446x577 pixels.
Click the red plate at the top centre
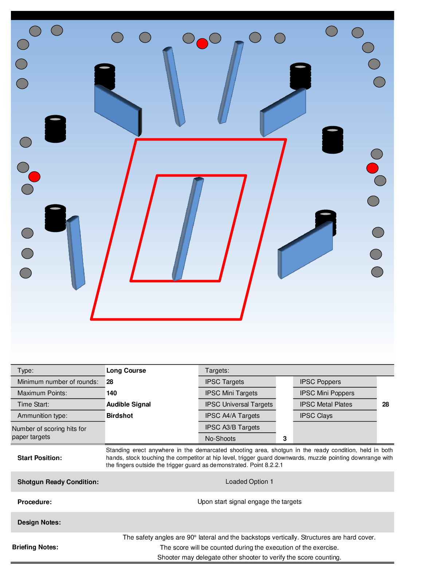tap(202, 44)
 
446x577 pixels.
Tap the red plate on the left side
tap(34, 177)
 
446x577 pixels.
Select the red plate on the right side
tap(372, 168)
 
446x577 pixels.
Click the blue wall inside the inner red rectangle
tap(188, 229)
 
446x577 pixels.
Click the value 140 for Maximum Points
tap(111, 393)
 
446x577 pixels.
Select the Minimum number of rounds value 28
tap(110, 382)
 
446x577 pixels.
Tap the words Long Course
tap(126, 370)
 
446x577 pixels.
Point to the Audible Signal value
tap(128, 404)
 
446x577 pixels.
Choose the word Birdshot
tap(120, 416)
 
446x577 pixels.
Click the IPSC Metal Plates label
tap(326, 404)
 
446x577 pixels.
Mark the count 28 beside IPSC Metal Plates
tap(386, 404)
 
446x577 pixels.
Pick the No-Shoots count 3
tap(285, 439)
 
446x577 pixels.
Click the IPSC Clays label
tap(316, 416)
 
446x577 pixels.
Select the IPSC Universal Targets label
tap(239, 404)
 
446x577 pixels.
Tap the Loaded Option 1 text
tap(249, 482)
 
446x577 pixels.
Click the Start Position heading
tap(40, 458)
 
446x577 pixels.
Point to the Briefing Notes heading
tap(35, 547)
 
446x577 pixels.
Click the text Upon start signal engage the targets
tap(249, 502)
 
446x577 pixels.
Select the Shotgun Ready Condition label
tap(58, 482)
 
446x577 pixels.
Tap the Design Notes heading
tap(39, 522)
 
